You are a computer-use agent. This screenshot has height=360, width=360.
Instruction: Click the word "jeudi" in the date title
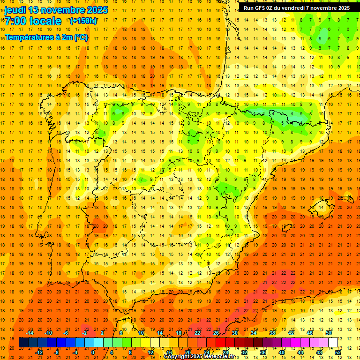[15, 9]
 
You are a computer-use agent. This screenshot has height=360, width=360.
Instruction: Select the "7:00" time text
[15, 21]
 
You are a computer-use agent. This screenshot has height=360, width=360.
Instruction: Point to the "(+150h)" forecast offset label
[83, 21]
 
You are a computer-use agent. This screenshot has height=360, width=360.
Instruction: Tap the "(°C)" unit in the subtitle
[81, 37]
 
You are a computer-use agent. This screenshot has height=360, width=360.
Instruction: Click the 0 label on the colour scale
[93, 352]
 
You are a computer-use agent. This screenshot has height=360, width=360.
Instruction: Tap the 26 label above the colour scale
[216, 333]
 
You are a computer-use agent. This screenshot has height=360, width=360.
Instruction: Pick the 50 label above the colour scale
[328, 333]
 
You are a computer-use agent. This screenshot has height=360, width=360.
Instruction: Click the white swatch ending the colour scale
[333, 343]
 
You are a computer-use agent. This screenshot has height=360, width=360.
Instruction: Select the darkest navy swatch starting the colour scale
[23, 343]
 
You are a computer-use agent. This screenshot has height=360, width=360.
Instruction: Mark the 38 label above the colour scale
[272, 333]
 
